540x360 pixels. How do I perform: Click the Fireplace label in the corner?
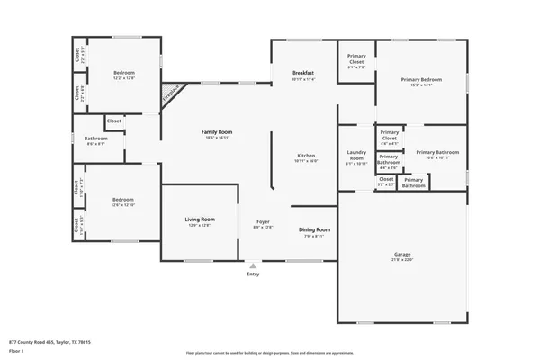(169, 94)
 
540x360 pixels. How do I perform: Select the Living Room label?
(199, 220)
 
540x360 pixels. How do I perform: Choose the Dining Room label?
(315, 230)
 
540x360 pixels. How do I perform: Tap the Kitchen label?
(306, 157)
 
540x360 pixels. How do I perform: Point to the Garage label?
(401, 255)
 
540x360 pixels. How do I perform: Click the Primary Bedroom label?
(421, 79)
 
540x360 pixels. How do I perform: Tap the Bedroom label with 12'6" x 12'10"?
(123, 200)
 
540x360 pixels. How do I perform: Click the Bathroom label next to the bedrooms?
(96, 139)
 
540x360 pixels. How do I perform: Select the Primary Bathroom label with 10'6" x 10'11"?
(436, 153)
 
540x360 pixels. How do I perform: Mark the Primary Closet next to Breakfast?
(356, 59)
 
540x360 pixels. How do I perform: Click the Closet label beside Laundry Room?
(385, 179)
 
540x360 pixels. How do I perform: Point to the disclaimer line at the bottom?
(269, 353)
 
